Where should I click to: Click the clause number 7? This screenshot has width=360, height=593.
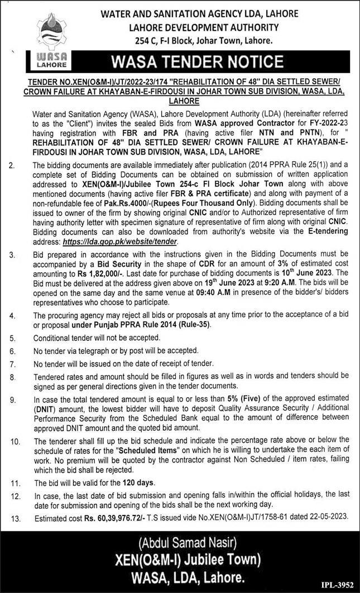click(x=12, y=363)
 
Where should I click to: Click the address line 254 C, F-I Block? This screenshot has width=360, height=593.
click(x=206, y=40)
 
